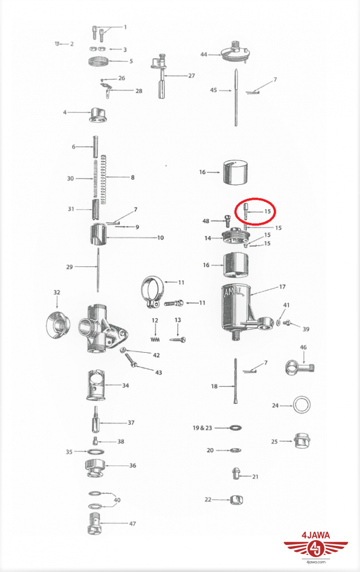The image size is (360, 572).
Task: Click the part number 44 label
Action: coord(203,55)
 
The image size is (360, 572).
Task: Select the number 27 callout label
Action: coord(192,76)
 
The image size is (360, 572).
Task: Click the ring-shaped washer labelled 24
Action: coord(302,405)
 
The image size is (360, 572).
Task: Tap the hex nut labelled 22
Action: coord(236,499)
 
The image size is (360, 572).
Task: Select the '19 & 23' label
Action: coord(202,427)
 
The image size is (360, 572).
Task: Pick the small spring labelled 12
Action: coord(156,339)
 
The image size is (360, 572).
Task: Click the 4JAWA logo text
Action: coord(316,535)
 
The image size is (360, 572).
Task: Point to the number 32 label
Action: coord(57,292)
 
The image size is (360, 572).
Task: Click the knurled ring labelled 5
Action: coord(98,61)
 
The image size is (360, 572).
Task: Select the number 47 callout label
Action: coord(132,523)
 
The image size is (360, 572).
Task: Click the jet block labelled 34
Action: coord(96,385)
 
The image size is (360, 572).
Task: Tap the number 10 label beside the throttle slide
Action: coord(160,238)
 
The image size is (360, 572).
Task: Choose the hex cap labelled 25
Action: coord(302,441)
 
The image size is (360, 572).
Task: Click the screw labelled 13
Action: coord(178,339)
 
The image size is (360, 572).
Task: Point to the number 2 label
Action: coord(72,44)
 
